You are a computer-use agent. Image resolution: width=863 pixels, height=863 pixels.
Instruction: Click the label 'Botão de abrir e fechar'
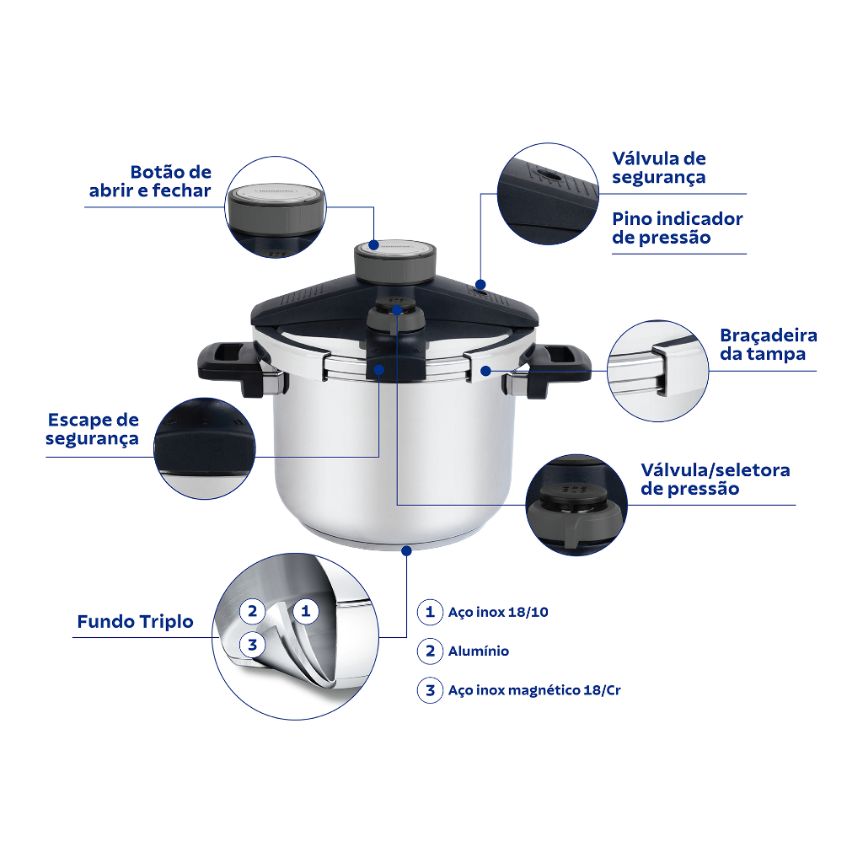tap(150, 181)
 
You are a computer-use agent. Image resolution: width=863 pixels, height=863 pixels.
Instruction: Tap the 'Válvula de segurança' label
tap(659, 168)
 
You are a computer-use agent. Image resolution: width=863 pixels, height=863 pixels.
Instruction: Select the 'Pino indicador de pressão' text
tap(678, 228)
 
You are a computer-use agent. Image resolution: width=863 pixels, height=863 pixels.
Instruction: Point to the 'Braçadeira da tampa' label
tap(769, 345)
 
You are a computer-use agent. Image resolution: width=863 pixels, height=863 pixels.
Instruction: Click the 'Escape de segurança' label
tap(93, 429)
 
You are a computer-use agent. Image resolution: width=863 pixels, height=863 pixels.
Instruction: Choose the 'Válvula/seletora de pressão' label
tap(716, 479)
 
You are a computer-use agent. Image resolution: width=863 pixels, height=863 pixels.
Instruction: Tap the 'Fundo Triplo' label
tap(136, 621)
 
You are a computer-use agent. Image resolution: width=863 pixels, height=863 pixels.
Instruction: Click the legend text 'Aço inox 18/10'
tap(498, 612)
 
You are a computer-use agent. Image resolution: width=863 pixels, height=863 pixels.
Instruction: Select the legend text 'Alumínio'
tap(479, 651)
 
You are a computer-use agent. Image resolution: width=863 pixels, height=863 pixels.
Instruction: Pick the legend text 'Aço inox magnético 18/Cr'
tap(534, 690)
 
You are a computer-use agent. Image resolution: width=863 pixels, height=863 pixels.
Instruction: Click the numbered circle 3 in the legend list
tap(430, 690)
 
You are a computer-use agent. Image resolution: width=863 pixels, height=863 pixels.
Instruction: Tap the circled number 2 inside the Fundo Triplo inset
tap(253, 611)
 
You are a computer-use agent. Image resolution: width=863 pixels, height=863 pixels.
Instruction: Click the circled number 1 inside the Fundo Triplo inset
tap(306, 611)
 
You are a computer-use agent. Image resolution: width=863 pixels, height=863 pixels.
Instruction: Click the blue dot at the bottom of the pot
tap(407, 550)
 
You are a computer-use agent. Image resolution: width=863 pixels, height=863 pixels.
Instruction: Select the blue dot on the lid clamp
tap(485, 371)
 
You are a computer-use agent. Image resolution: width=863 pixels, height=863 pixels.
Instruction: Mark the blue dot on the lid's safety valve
tap(480, 285)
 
